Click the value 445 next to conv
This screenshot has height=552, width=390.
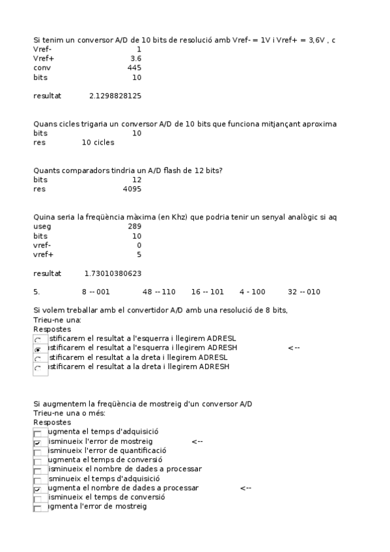pos(134,68)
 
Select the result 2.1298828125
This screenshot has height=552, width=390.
pos(115,96)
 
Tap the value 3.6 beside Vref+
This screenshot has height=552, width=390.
pos(135,59)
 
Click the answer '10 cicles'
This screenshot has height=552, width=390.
pos(98,143)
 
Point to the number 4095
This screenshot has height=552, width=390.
pos(132,189)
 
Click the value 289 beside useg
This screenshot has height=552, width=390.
pos(134,227)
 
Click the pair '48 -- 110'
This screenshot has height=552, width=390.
pos(160,292)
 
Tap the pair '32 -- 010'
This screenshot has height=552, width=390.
pos(304,292)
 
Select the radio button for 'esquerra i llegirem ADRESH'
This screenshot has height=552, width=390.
pos(38,350)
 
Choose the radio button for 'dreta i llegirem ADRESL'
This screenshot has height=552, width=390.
pos(38,359)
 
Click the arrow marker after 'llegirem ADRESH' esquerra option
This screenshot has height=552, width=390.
pos(293,348)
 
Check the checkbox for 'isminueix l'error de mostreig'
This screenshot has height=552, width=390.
pos(38,442)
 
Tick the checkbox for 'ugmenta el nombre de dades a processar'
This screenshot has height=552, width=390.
pos(38,488)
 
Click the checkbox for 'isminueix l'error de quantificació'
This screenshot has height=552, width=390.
pos(38,451)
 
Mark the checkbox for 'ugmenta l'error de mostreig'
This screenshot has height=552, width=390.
pos(38,507)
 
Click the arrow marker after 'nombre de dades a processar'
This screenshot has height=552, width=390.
pos(245,488)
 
